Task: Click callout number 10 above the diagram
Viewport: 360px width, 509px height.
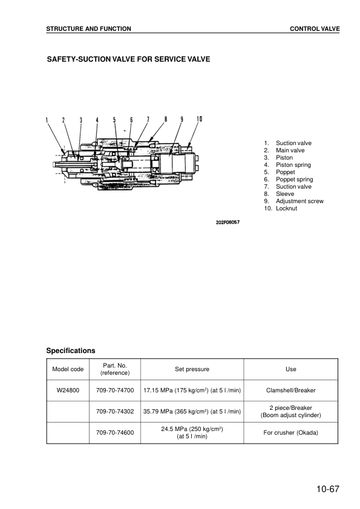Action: [x=199, y=119]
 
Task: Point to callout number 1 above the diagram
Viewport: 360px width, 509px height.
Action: [x=47, y=120]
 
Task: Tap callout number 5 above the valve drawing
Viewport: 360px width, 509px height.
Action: [x=114, y=120]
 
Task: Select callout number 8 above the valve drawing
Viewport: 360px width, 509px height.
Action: [x=165, y=119]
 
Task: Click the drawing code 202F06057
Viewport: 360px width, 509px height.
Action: [x=228, y=222]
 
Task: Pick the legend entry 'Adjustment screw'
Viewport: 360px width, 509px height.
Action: [x=299, y=201]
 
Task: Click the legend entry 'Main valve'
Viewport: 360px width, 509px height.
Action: [x=290, y=151]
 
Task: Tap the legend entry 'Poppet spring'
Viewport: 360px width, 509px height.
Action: [x=294, y=180]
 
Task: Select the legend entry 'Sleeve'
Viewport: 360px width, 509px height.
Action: [x=285, y=194]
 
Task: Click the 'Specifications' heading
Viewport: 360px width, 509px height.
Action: [x=71, y=351]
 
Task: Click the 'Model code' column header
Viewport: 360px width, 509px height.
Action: [x=68, y=369]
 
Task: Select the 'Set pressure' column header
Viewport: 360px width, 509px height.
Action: [x=192, y=369]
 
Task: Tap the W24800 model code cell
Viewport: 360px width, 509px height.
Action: [x=68, y=391]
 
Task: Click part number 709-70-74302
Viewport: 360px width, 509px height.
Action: [x=115, y=412]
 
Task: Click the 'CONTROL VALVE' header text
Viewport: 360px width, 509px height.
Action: [x=315, y=29]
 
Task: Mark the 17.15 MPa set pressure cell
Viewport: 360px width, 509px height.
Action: [x=192, y=391]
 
